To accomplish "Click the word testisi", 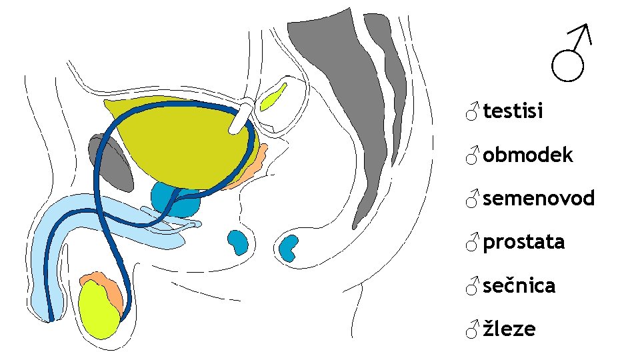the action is point(513,111).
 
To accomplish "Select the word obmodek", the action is point(527,155).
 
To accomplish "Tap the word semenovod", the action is point(538,199).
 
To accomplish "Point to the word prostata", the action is point(523,242).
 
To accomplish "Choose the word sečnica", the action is point(519,285).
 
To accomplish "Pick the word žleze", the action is point(509,329).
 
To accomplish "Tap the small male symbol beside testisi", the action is point(472,111).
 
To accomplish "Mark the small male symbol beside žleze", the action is point(472,329).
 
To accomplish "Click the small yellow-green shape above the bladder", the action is point(273,97).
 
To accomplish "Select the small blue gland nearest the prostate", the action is point(238,241).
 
